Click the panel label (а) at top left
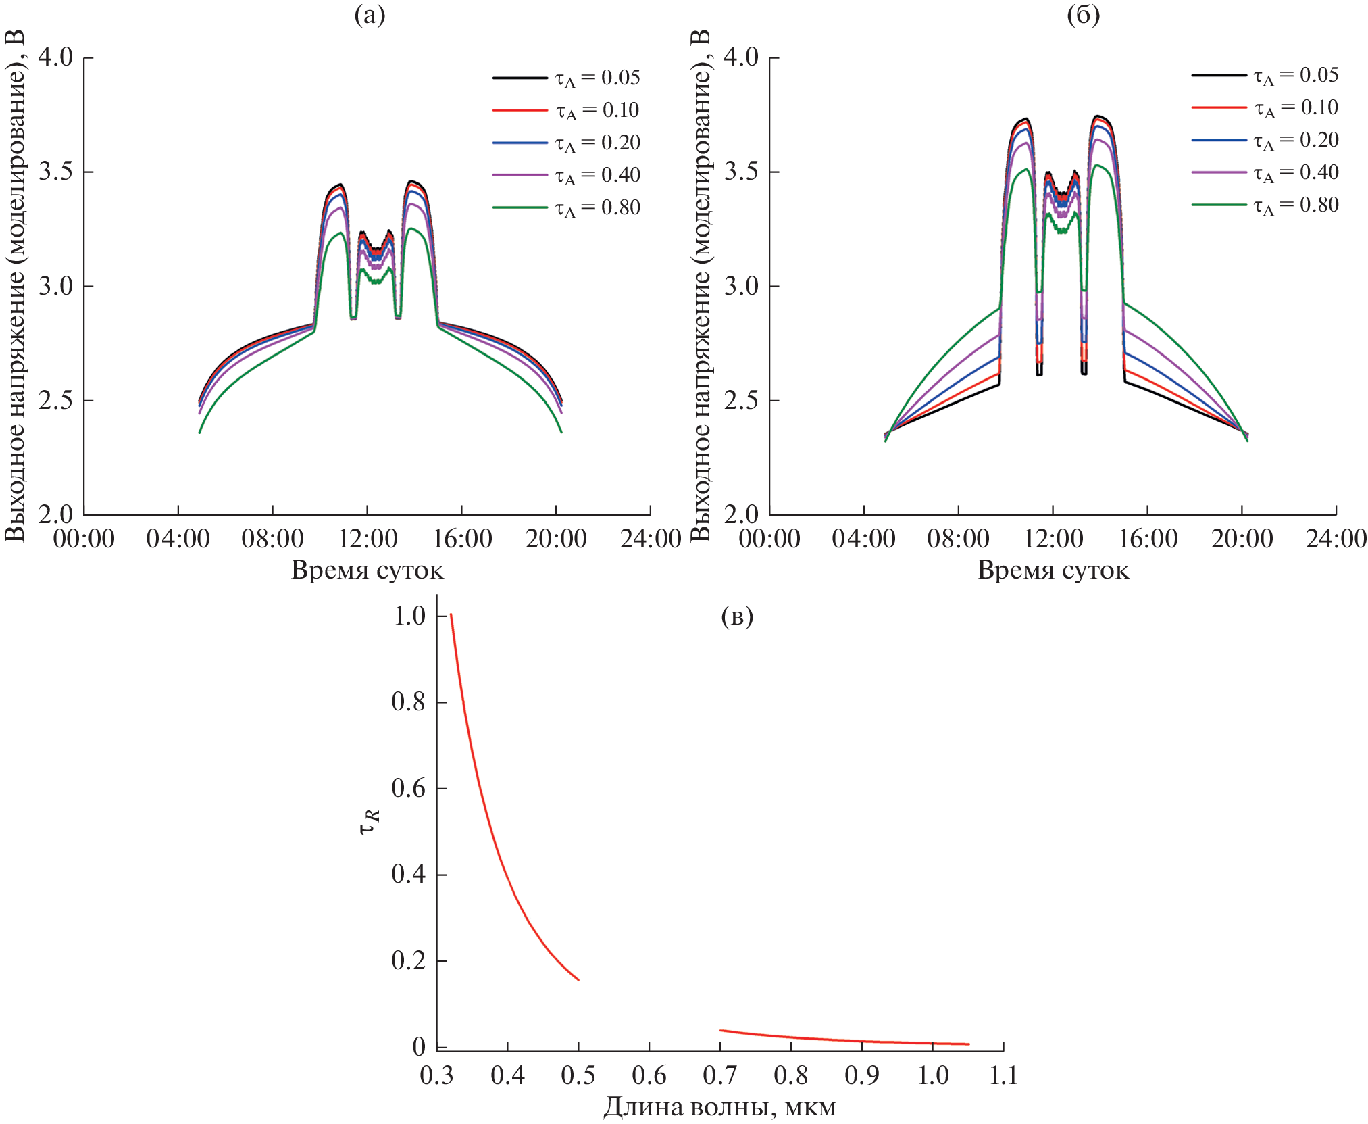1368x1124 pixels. point(370,15)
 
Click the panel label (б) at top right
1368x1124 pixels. point(1083,15)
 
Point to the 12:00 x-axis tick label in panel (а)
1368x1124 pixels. point(368,539)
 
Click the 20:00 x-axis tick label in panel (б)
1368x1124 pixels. point(1242,539)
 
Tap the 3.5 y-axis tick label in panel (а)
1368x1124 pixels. point(55,172)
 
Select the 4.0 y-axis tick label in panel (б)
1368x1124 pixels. point(741,57)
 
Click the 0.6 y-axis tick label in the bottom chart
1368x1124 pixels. point(408,788)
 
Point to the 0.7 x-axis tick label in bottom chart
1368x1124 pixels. point(720,1075)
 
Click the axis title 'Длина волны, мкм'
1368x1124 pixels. point(719,1107)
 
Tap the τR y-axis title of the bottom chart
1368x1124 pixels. point(370,822)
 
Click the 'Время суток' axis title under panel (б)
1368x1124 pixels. point(1053,570)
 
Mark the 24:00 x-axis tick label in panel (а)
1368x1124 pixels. point(651,539)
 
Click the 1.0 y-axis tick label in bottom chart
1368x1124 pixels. point(409,616)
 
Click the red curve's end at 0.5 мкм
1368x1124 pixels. point(578,979)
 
